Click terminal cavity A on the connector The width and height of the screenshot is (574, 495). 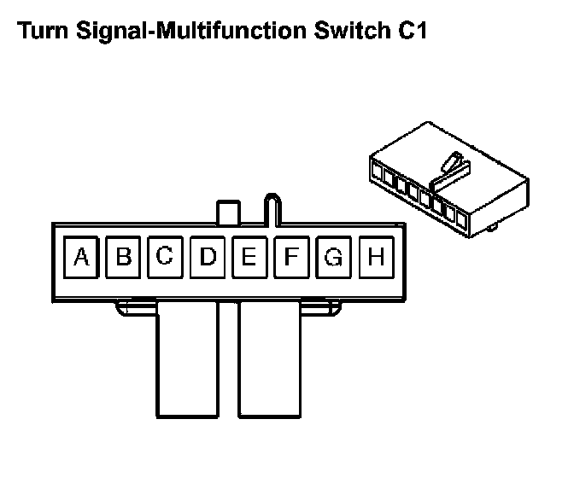tap(82, 256)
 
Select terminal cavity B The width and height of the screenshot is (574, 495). tap(124, 256)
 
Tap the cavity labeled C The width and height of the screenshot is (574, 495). tap(165, 256)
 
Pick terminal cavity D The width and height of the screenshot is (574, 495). tap(208, 256)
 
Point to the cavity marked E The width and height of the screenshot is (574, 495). tap(249, 256)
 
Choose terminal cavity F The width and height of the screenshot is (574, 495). tap(291, 256)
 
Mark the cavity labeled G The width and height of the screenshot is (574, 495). tap(333, 256)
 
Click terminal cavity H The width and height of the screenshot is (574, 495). tap(375, 256)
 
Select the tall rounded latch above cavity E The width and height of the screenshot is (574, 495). tap(272, 207)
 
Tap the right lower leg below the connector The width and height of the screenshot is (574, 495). tap(270, 358)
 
